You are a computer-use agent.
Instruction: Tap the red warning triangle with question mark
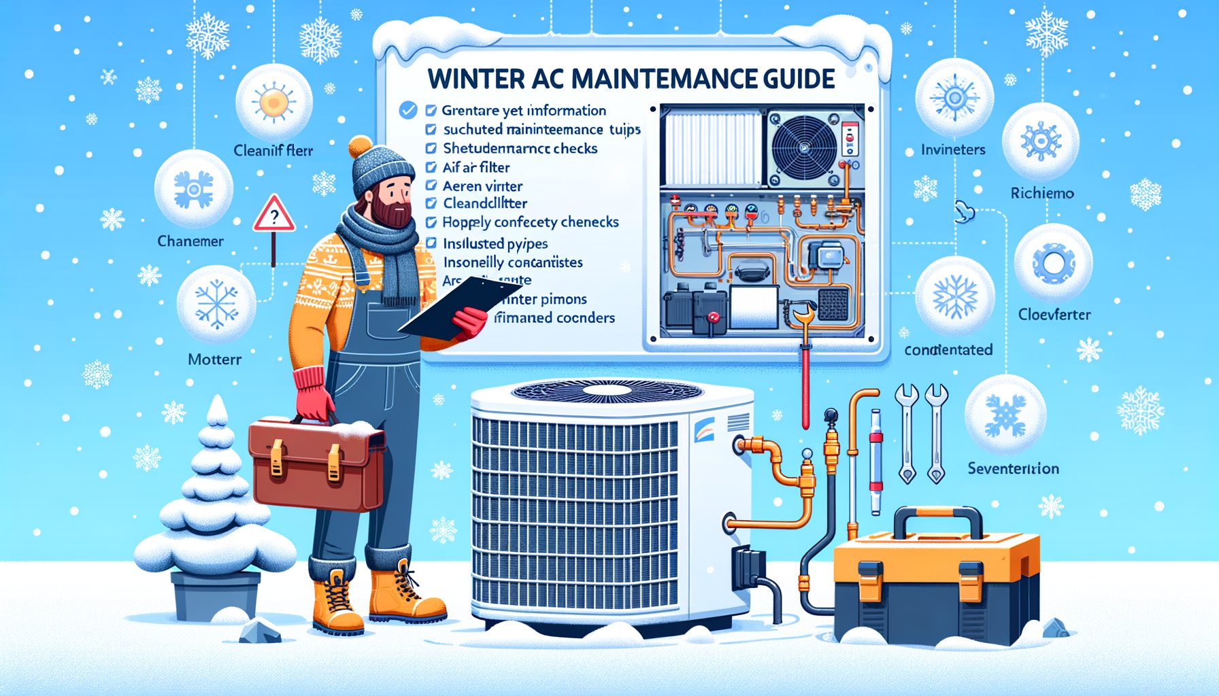click(x=273, y=215)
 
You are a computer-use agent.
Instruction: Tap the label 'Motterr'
click(x=214, y=359)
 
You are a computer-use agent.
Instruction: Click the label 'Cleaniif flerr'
click(x=273, y=150)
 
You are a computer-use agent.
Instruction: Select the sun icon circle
click(x=273, y=103)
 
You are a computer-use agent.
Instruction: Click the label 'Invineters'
click(x=952, y=150)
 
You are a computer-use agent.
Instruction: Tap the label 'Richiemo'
click(x=1041, y=193)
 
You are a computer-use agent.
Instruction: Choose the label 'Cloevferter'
click(x=1054, y=315)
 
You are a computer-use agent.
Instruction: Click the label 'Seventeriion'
click(x=1013, y=468)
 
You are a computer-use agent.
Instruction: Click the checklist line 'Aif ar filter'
click(x=475, y=167)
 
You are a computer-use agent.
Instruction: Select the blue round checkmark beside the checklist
click(x=407, y=110)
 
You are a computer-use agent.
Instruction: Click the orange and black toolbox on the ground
click(x=936, y=585)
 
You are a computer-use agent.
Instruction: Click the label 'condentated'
click(x=948, y=350)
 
